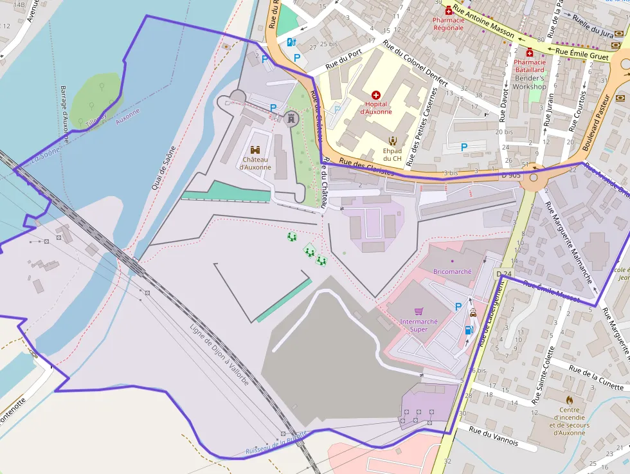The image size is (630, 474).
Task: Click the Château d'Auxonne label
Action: coord(255,163)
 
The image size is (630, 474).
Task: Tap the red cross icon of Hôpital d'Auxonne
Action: coord(376,95)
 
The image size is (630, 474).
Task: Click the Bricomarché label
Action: coord(453,271)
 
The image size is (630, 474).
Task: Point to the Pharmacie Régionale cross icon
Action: coord(449,10)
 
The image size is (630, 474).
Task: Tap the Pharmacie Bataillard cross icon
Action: coord(529,53)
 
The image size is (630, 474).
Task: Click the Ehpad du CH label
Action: coord(392,154)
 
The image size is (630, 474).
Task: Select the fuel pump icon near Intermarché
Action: coord(469,330)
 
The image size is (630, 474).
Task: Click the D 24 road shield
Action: coord(504,275)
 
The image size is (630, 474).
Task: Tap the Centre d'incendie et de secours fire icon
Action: coord(569,399)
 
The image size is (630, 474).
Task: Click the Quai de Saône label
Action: coord(163,166)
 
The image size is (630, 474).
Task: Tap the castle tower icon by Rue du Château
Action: coord(291,118)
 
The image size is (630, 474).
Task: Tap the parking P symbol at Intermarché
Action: coord(458,307)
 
